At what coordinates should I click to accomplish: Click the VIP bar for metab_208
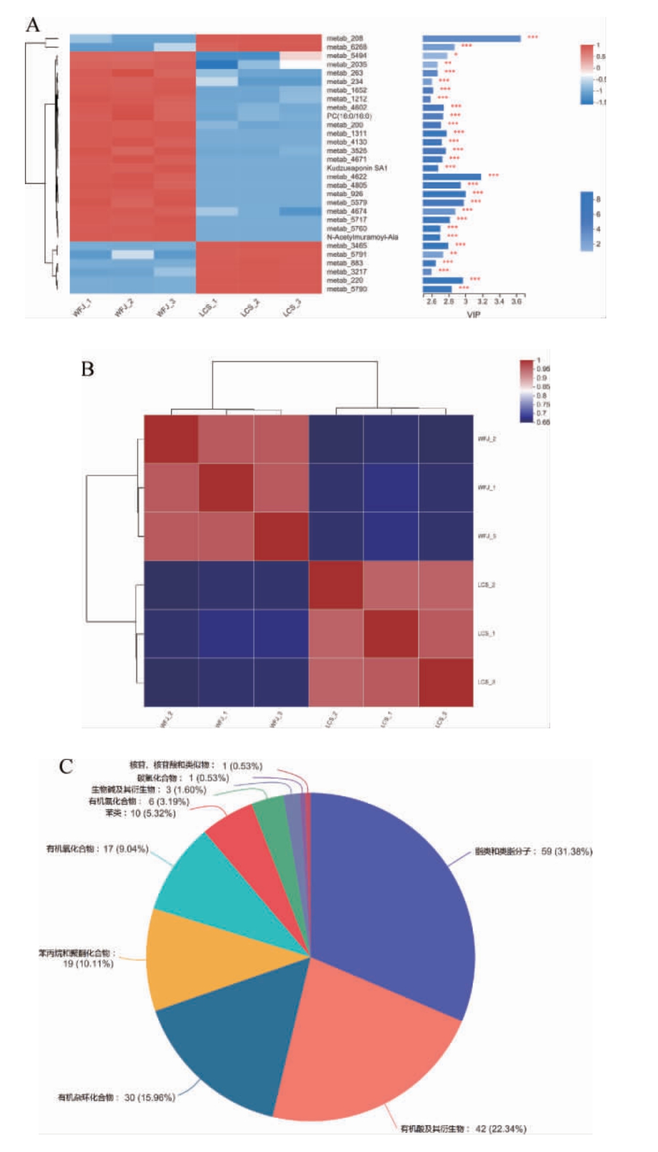click(x=471, y=39)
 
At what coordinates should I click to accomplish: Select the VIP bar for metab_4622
click(x=451, y=177)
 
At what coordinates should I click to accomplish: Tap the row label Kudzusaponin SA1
click(x=357, y=168)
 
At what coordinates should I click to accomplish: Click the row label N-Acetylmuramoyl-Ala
click(x=362, y=237)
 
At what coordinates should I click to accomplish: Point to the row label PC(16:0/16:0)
click(x=349, y=117)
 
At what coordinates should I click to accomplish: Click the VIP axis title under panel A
click(x=474, y=315)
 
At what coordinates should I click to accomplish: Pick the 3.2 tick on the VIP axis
click(x=482, y=302)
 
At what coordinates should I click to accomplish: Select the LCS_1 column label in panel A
click(x=208, y=308)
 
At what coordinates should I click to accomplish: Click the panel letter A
click(x=32, y=25)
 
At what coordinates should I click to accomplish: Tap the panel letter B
click(x=87, y=369)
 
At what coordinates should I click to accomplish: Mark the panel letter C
click(x=66, y=766)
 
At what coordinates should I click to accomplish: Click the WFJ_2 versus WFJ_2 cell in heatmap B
click(x=171, y=439)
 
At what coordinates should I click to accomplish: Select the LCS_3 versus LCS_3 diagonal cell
click(x=446, y=682)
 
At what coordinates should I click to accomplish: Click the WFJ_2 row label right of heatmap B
click(x=487, y=439)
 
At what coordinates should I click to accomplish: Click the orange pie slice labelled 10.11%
click(x=187, y=959)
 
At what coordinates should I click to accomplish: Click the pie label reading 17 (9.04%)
click(x=97, y=849)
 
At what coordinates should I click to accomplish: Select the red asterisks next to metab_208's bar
click(x=533, y=37)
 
